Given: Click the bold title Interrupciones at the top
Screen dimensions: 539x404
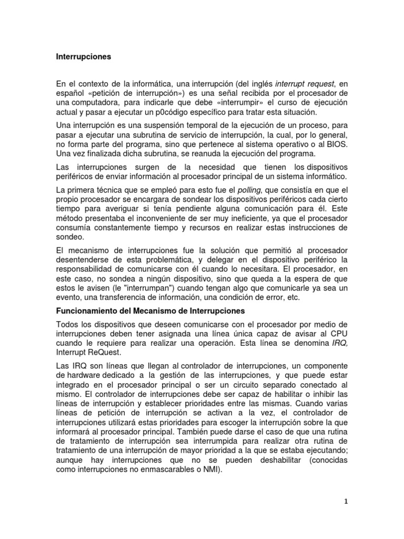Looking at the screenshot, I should [x=84, y=57].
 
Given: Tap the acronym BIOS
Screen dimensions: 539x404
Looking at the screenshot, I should [x=336, y=144].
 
